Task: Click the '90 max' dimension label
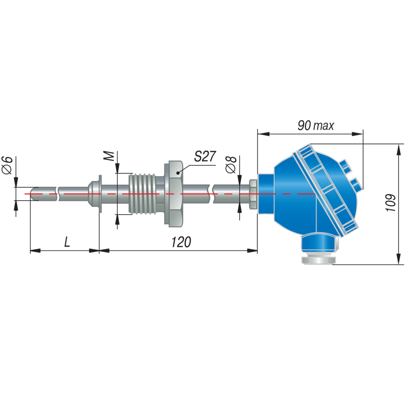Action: click(x=316, y=125)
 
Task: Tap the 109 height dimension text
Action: click(x=390, y=202)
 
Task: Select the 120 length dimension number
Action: click(x=181, y=242)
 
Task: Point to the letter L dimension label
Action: click(x=67, y=242)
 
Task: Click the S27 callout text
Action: click(x=205, y=156)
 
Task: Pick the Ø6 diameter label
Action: click(x=7, y=165)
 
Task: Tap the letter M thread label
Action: click(x=110, y=156)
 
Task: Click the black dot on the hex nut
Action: click(x=178, y=173)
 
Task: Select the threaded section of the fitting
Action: click(x=142, y=194)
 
